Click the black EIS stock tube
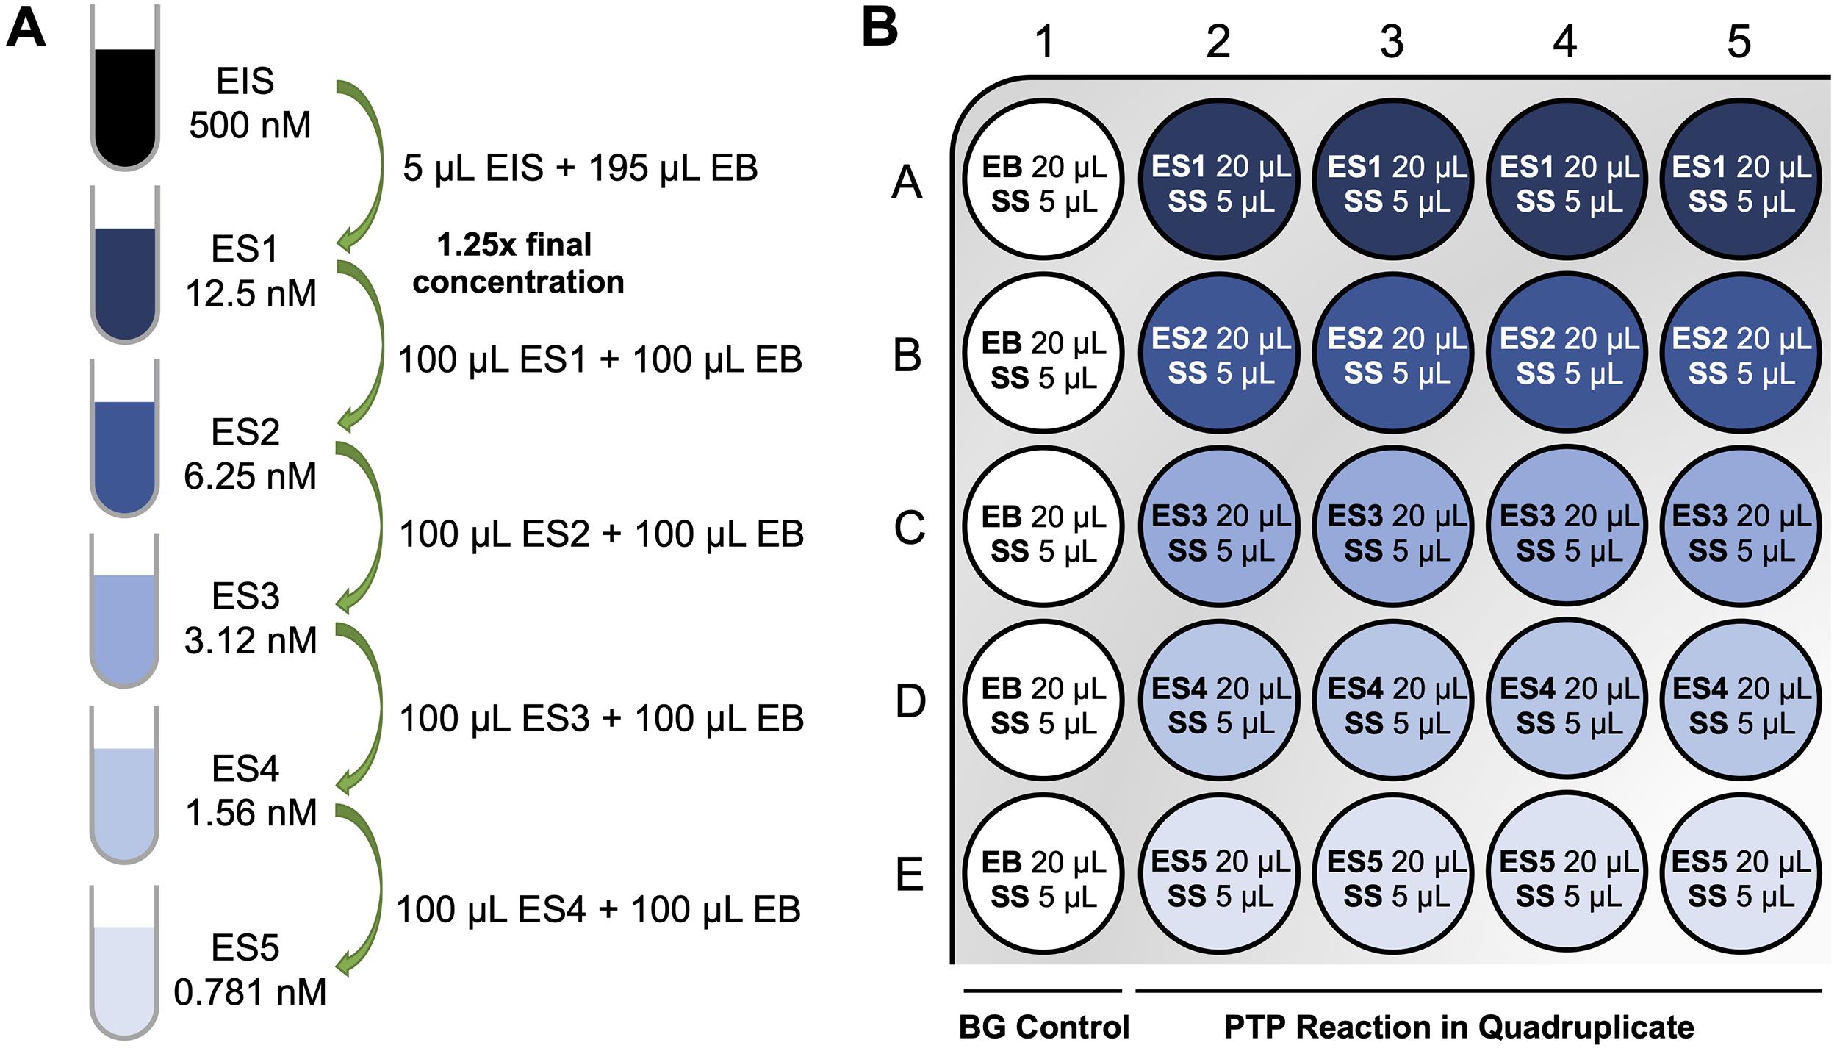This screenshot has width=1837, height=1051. [125, 88]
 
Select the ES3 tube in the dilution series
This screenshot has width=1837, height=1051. [125, 611]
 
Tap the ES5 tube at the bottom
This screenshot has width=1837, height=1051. [125, 963]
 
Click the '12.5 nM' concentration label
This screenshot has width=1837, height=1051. [251, 294]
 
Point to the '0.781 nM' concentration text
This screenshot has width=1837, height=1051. [250, 992]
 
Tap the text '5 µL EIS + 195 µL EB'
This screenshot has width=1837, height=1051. [580, 168]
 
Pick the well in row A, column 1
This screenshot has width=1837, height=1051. [1043, 179]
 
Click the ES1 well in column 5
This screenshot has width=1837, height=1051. [1740, 179]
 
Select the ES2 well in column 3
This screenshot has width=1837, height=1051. [1392, 353]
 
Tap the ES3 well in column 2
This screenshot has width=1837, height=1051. [1219, 526]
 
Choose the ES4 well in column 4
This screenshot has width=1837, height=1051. [1567, 700]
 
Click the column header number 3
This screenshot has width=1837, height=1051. [1392, 41]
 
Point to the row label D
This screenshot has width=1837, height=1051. [910, 701]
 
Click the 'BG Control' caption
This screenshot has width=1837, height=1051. [1044, 1027]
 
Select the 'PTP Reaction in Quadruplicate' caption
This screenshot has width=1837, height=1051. [1459, 1027]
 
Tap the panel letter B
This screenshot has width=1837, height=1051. [880, 28]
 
